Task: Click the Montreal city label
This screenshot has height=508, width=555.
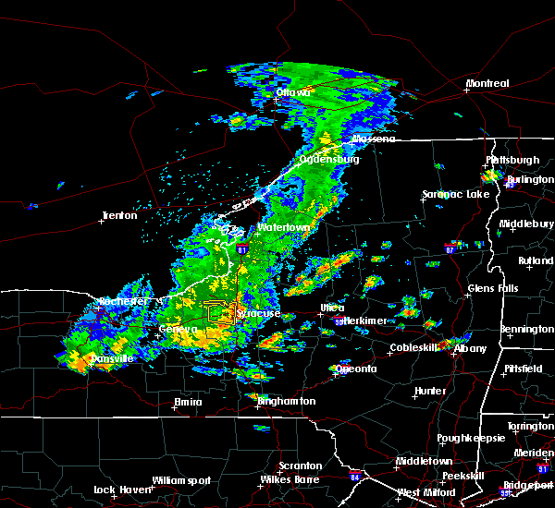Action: [487, 84]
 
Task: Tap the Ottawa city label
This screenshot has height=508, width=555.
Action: [293, 92]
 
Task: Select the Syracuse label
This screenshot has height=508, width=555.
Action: [258, 314]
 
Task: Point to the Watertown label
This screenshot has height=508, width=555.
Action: [283, 227]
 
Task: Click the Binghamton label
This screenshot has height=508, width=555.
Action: [286, 402]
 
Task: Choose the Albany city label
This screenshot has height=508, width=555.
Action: [470, 348]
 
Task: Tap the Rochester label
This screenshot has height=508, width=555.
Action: [123, 302]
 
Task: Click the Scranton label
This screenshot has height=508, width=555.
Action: [302, 466]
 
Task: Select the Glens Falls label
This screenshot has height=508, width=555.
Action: [494, 289]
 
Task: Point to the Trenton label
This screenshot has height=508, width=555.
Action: [119, 216]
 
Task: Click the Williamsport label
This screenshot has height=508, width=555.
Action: [182, 480]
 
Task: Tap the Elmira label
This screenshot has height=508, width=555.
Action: [189, 402]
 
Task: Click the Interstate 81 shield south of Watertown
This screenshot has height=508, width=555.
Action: [242, 249]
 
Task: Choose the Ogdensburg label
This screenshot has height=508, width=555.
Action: [329, 159]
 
